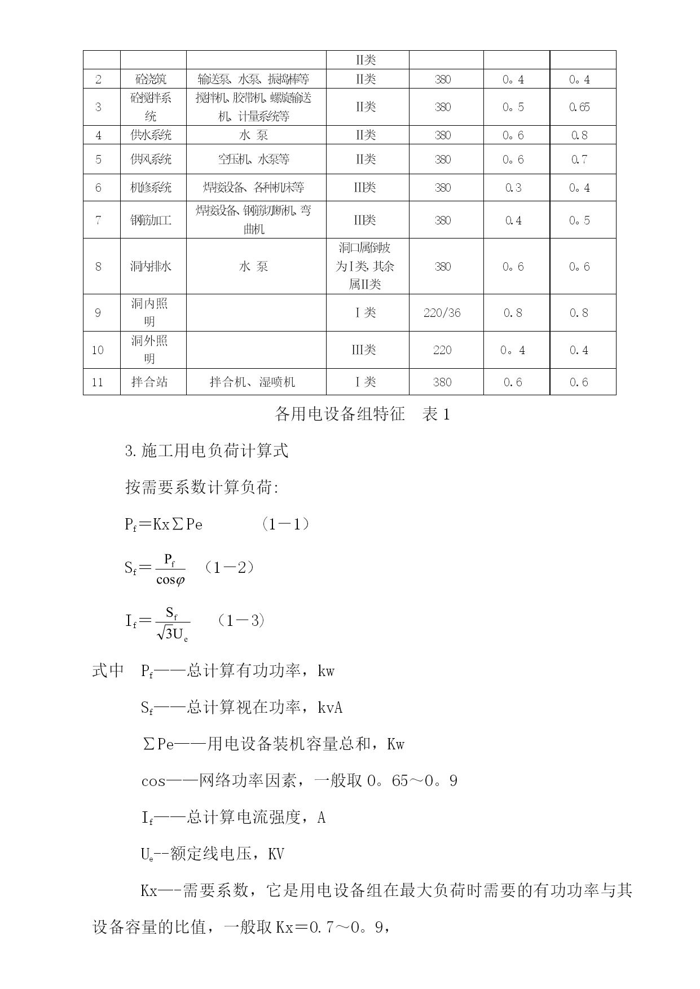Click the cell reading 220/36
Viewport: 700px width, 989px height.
pyautogui.click(x=442, y=313)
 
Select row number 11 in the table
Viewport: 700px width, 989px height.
pyautogui.click(x=98, y=382)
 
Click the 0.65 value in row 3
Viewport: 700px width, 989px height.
pyautogui.click(x=579, y=107)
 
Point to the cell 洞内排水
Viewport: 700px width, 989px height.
pyautogui.click(x=151, y=267)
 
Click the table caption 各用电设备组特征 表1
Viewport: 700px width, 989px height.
pyautogui.click(x=362, y=414)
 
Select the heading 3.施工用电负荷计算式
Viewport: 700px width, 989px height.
pyautogui.click(x=206, y=451)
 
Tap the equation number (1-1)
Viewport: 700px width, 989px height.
pyautogui.click(x=286, y=524)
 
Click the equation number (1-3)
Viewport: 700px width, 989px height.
pyautogui.click(x=241, y=621)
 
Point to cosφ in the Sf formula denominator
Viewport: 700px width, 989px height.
pyautogui.click(x=170, y=580)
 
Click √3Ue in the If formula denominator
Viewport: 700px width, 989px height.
pyautogui.click(x=173, y=634)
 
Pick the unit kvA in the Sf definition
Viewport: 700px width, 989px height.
pyautogui.click(x=330, y=708)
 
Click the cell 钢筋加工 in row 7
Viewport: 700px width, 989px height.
pyautogui.click(x=151, y=220)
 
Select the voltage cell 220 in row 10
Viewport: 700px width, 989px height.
pyautogui.click(x=442, y=350)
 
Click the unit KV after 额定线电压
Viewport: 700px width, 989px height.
pyautogui.click(x=276, y=855)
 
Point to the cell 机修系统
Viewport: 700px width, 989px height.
pyautogui.click(x=151, y=188)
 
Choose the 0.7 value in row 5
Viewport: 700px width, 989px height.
pyautogui.click(x=579, y=160)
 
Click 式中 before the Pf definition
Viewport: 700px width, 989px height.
pyautogui.click(x=108, y=671)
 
